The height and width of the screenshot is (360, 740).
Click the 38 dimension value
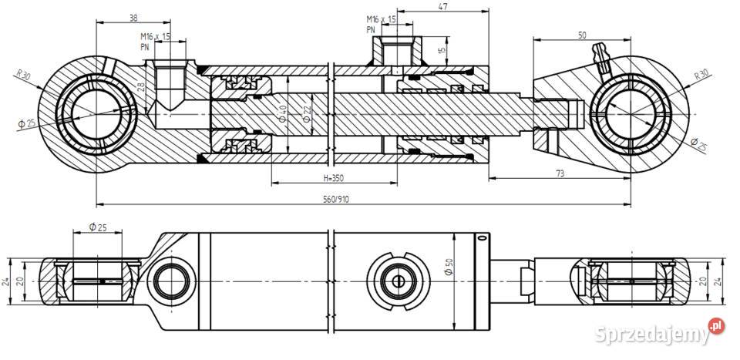tap(113, 16)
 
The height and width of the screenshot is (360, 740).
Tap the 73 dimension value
tap(559, 173)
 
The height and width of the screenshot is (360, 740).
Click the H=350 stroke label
tap(332, 177)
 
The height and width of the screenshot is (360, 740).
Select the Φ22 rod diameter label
tap(306, 114)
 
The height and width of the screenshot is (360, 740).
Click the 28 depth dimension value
tap(141, 87)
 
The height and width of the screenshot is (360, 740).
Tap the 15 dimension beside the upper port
tap(442, 51)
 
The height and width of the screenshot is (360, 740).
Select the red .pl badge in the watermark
tap(716, 327)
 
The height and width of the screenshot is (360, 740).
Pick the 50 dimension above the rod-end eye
tap(581, 35)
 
